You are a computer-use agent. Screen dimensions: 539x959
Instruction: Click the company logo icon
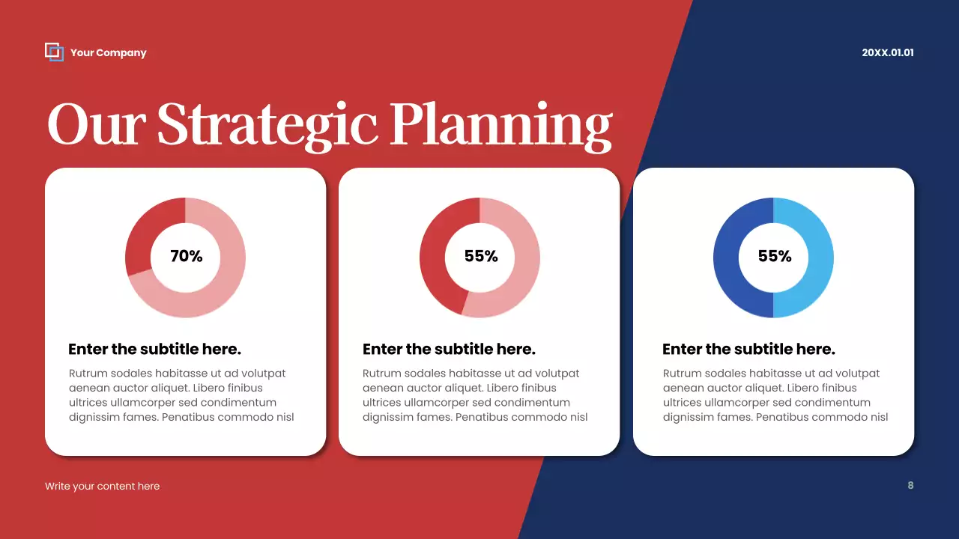tap(54, 52)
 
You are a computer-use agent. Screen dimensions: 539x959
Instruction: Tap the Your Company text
tap(109, 53)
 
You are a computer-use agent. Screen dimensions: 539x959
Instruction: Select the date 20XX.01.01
tap(888, 53)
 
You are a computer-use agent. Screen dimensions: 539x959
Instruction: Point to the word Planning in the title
tap(500, 126)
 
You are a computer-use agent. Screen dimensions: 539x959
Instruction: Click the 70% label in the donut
tap(186, 256)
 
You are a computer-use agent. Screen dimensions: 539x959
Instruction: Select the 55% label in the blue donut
tap(774, 256)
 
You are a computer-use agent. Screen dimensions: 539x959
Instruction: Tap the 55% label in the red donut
tap(480, 256)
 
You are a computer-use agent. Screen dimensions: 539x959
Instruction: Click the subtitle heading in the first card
tap(154, 349)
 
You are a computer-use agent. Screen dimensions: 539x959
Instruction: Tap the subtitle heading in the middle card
tap(449, 349)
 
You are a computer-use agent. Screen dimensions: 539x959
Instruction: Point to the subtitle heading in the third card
tap(748, 349)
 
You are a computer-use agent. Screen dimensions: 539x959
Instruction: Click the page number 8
tap(910, 485)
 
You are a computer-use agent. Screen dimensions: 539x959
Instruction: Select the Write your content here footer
tap(102, 486)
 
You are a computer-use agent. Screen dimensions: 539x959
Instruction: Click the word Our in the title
tap(94, 124)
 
